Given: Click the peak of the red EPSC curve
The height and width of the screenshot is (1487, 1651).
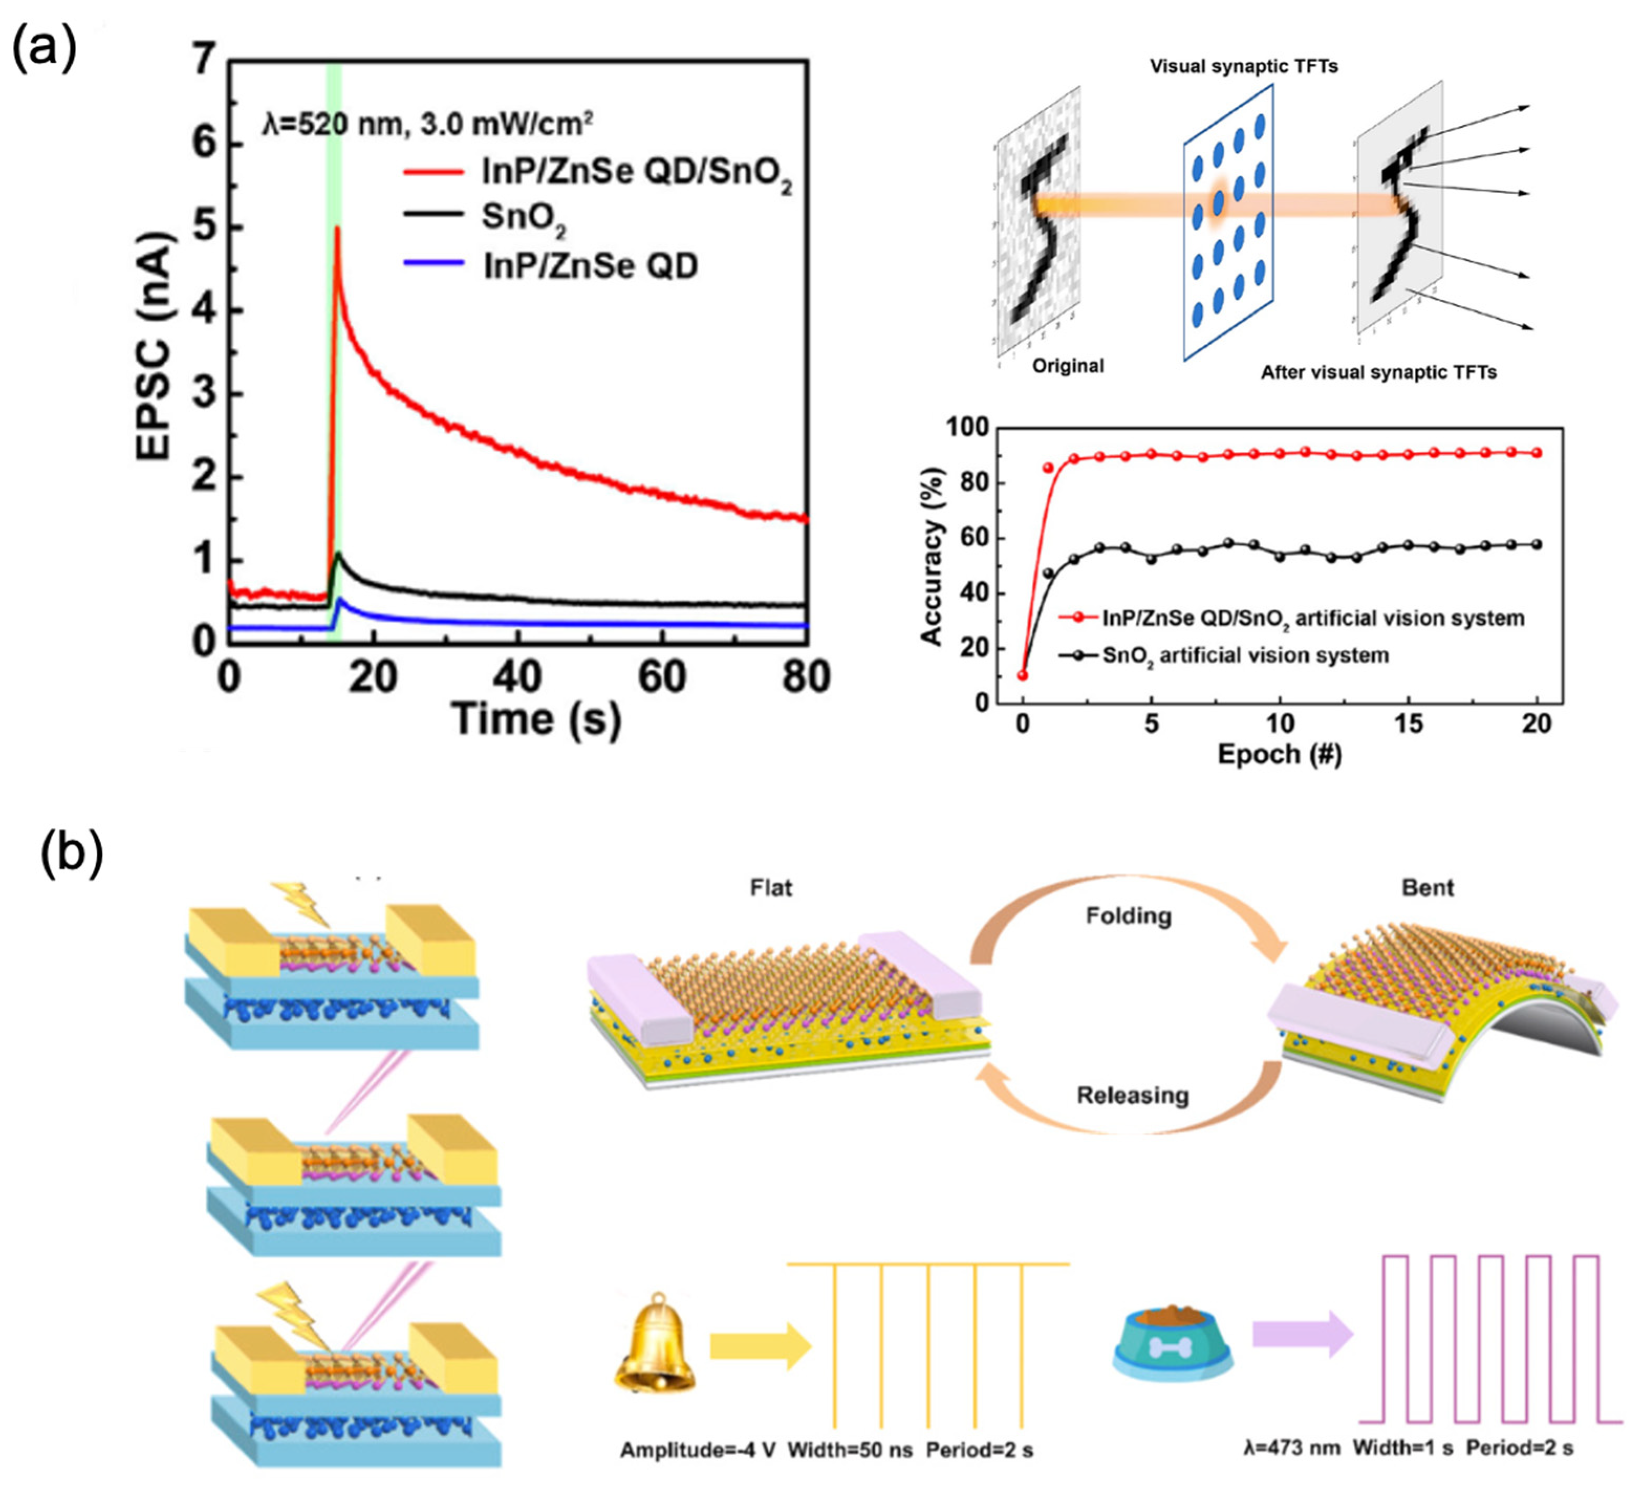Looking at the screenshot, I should (336, 230).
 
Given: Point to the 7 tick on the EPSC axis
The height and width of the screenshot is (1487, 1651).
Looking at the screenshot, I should (205, 61).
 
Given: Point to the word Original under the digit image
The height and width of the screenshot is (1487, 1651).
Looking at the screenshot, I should (1068, 366).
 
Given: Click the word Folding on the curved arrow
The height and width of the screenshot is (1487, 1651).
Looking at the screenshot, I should (1128, 916).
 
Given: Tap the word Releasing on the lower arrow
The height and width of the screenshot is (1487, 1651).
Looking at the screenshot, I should (1132, 1095).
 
